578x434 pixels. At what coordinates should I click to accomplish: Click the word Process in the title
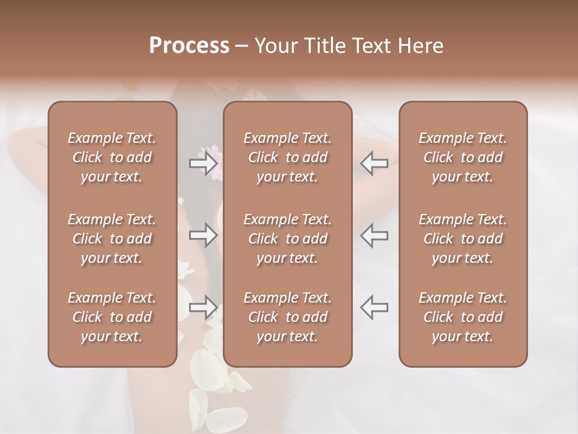click(x=189, y=46)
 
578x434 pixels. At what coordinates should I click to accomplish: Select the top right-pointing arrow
click(x=203, y=163)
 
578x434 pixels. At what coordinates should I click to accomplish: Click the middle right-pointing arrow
click(x=203, y=235)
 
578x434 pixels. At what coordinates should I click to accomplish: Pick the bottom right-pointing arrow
click(x=203, y=307)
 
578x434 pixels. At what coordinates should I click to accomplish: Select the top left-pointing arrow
click(x=374, y=163)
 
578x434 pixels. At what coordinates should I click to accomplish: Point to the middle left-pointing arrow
click(x=374, y=235)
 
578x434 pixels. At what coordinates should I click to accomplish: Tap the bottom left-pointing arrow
click(x=374, y=307)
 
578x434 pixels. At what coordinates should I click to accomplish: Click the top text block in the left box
click(x=112, y=158)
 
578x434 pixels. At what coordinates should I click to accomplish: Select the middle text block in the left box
click(x=112, y=239)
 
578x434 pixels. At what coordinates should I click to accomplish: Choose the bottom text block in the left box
click(x=112, y=317)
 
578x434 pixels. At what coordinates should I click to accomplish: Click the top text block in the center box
click(x=288, y=158)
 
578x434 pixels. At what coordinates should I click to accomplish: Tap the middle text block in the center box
click(x=288, y=239)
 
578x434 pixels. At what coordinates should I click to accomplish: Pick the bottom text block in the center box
click(x=288, y=317)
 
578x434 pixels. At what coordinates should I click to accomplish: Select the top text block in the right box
click(x=463, y=158)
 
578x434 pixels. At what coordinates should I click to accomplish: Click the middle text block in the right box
click(x=463, y=239)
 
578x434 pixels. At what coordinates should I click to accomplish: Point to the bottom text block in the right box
click(x=463, y=317)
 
